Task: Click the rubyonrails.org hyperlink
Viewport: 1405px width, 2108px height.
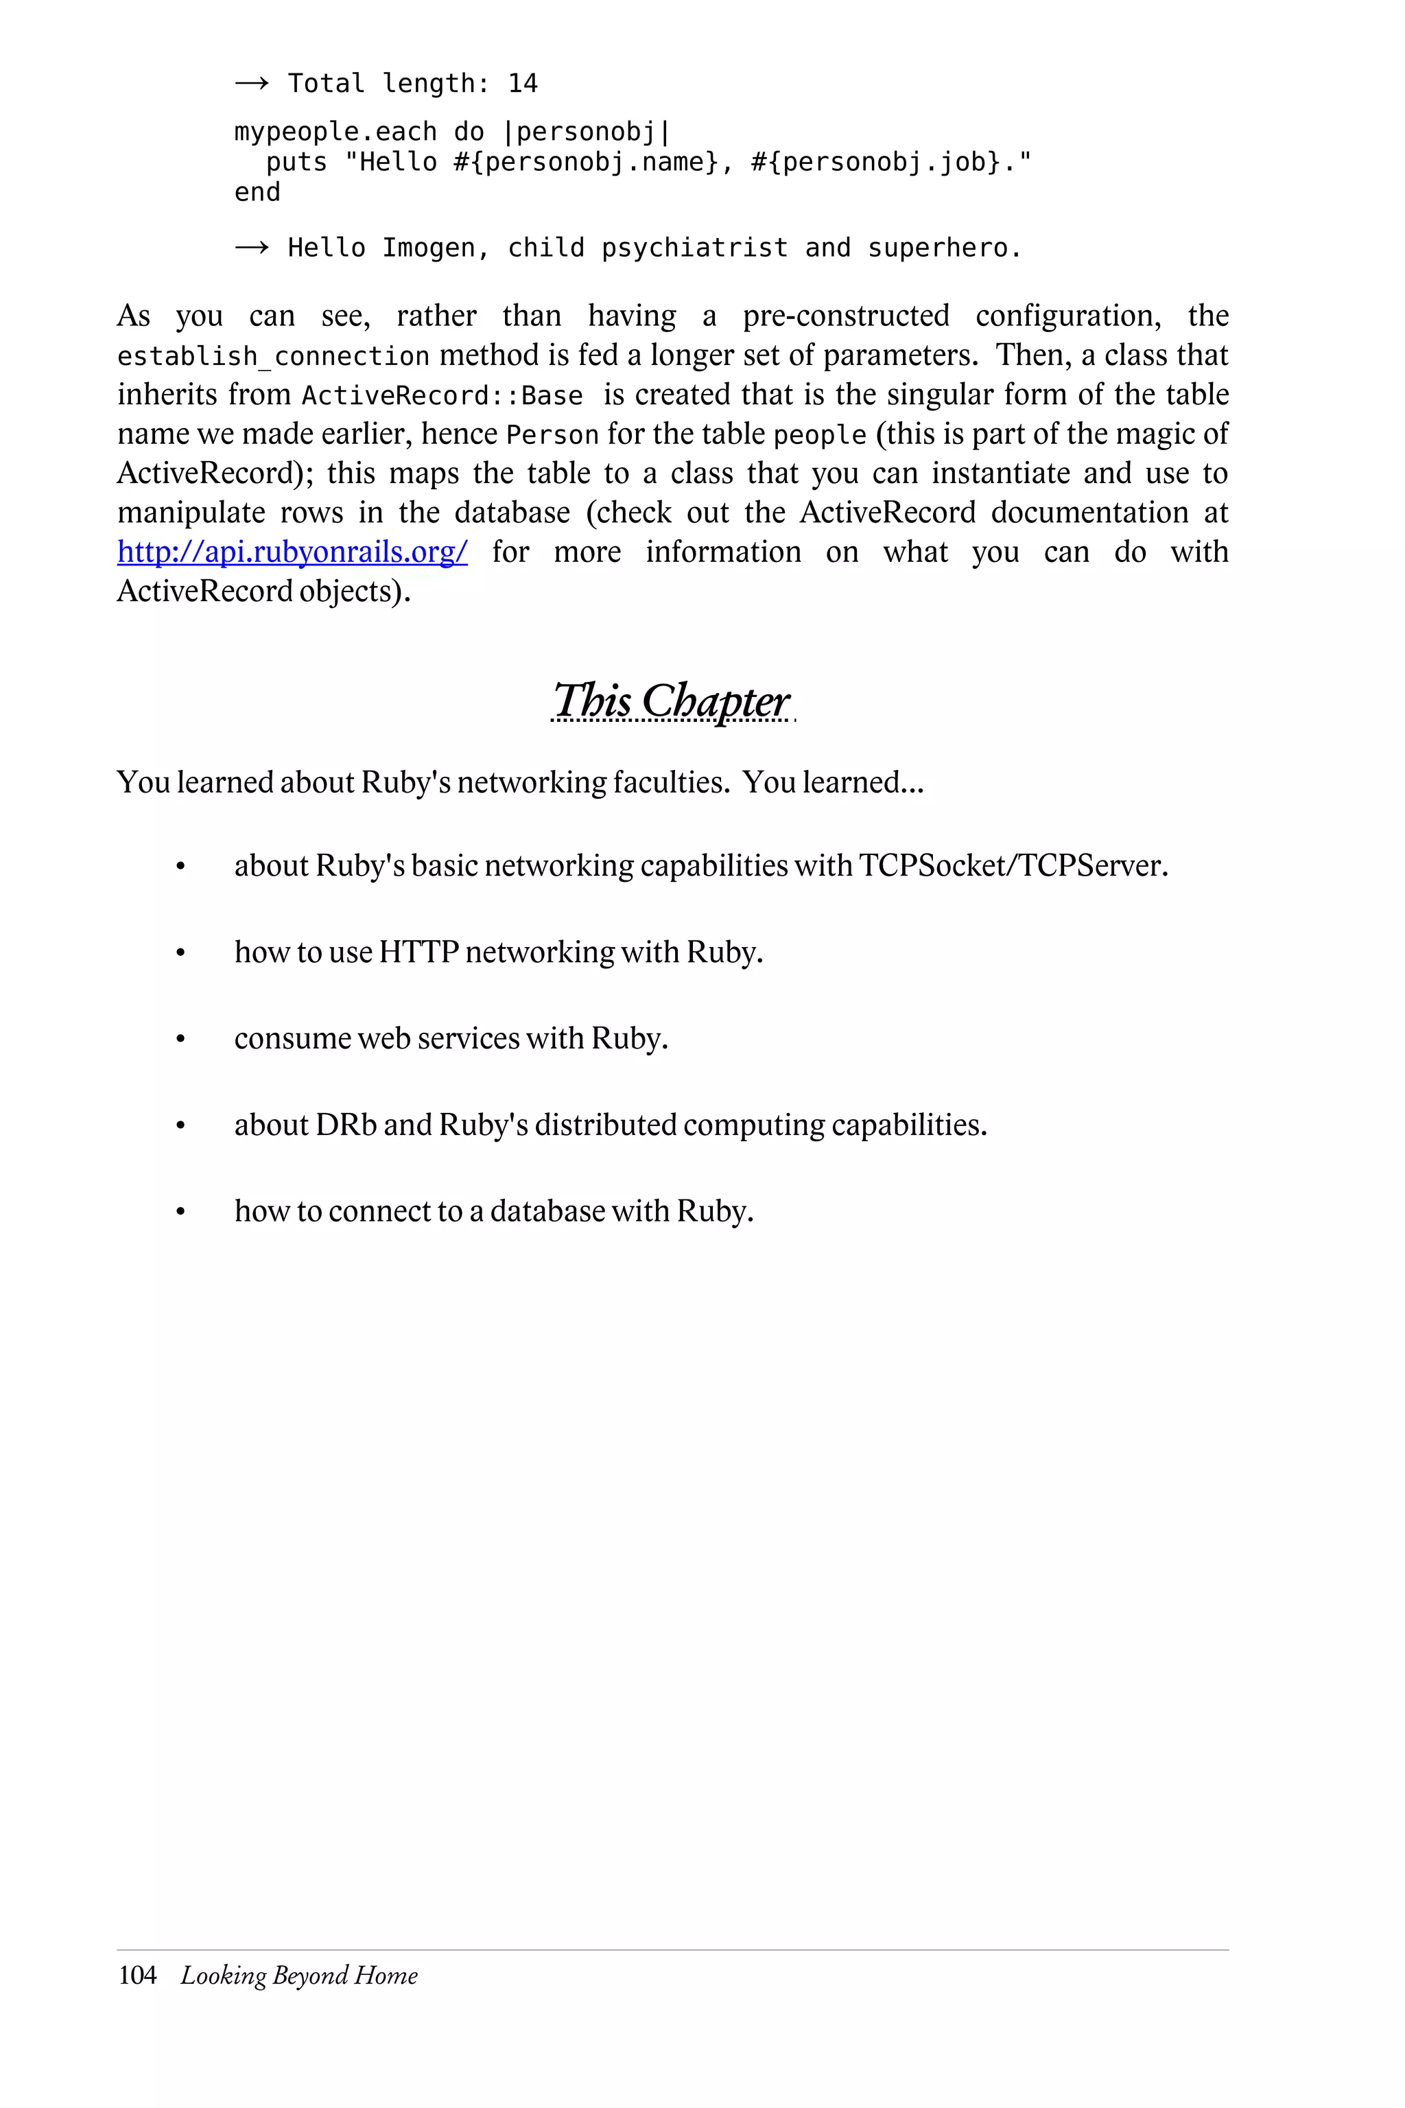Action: pyautogui.click(x=292, y=552)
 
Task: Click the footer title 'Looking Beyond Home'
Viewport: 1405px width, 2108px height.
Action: pyautogui.click(x=299, y=1976)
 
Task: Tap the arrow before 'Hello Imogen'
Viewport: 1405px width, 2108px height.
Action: pyautogui.click(x=251, y=248)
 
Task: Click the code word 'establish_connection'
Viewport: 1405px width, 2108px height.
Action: pyautogui.click(x=273, y=357)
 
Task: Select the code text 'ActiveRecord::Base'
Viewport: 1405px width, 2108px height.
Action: pyautogui.click(x=442, y=396)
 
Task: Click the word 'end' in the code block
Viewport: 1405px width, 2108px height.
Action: pyautogui.click(x=257, y=193)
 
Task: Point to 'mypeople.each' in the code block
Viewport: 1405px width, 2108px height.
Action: pyautogui.click(x=335, y=132)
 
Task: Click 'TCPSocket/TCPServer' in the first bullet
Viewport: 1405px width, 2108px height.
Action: pyautogui.click(x=1013, y=866)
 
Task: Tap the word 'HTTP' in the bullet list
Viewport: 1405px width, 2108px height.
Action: pyautogui.click(x=418, y=952)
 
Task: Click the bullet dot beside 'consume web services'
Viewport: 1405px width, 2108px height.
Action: pyautogui.click(x=180, y=1040)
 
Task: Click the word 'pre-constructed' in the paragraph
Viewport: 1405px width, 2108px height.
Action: pyautogui.click(x=845, y=316)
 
